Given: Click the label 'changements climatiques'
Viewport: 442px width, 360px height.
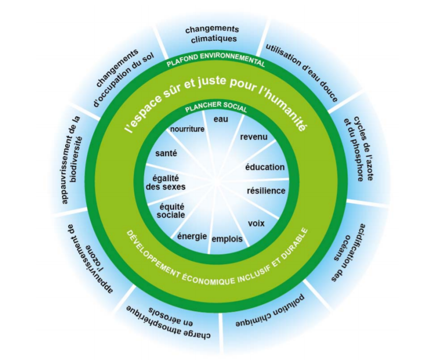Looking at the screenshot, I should [x=212, y=34].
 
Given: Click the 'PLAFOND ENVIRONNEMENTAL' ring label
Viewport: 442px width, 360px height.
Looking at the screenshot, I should [x=216, y=63].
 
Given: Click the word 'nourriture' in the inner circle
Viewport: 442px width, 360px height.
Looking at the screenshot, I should [x=187, y=129].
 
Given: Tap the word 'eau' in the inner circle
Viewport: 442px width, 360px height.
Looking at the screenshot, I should [x=221, y=119].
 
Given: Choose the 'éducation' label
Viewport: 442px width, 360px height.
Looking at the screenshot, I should [x=265, y=167].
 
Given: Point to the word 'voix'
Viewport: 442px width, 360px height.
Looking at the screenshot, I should [x=256, y=223].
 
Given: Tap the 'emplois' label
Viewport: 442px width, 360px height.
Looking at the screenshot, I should [x=227, y=238].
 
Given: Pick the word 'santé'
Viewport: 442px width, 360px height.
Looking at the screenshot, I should [x=166, y=153].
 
